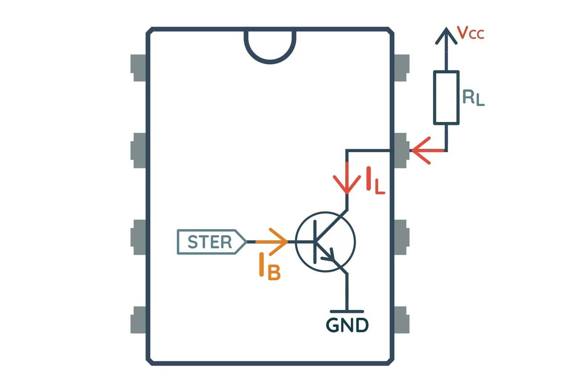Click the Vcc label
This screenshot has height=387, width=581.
pyautogui.click(x=471, y=33)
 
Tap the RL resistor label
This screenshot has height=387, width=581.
pyautogui.click(x=473, y=98)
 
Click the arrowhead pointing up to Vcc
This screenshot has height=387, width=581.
pyautogui.click(x=446, y=36)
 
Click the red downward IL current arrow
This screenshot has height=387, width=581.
pyautogui.click(x=347, y=180)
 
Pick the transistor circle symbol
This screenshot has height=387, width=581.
pyautogui.click(x=325, y=242)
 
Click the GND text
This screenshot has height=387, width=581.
pyautogui.click(x=347, y=325)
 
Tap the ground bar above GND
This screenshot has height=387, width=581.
pyautogui.click(x=347, y=311)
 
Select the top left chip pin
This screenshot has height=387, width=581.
pyautogui.click(x=138, y=68)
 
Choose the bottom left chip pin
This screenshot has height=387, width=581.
pyautogui.click(x=138, y=320)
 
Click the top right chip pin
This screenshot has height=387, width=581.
pyautogui.click(x=402, y=68)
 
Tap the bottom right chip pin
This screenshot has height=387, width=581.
pyautogui.click(x=402, y=320)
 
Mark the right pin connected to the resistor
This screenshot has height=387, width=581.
pyautogui.click(x=402, y=150)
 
